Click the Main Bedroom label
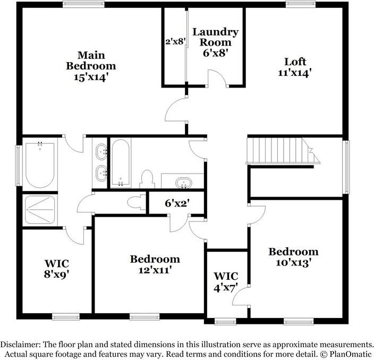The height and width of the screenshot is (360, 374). tap(90, 66)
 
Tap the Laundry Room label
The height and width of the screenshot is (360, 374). tap(215, 42)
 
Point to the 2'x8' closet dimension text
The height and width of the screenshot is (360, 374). tap(175, 40)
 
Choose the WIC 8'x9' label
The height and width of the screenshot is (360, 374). tap(57, 269)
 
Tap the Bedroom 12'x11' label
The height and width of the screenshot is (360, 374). tap(155, 264)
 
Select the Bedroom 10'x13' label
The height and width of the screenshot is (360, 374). tap(293, 256)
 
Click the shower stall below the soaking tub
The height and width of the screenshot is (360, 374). tap(40, 210)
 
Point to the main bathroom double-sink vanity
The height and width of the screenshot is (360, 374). tap(100, 162)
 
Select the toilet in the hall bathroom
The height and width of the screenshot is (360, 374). tap(146, 179)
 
